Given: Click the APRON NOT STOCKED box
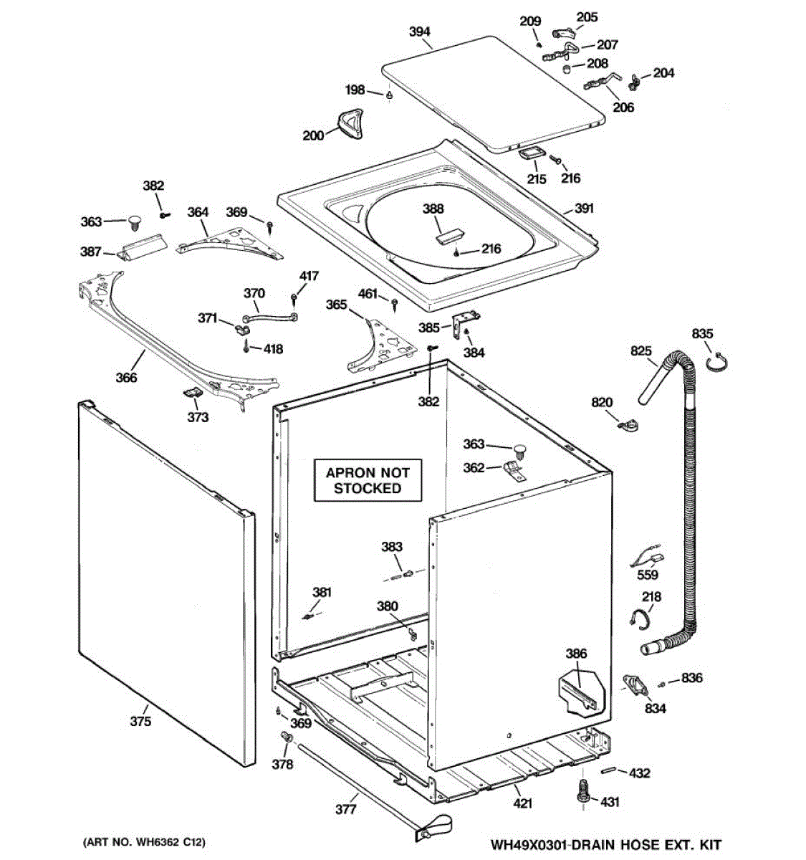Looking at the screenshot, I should click(368, 480).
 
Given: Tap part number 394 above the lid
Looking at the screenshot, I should click(419, 32).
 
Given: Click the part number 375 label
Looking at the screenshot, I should click(140, 721).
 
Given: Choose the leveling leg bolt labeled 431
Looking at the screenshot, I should click(582, 793).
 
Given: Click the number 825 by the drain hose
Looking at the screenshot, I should click(641, 350).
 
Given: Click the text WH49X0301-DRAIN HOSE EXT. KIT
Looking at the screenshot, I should click(605, 845).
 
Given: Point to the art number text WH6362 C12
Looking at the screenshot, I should click(149, 841).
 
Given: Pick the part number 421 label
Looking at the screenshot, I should click(522, 803).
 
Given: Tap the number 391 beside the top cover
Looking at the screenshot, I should click(584, 209).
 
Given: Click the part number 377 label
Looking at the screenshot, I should click(346, 809).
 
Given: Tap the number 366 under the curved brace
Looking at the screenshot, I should click(126, 377).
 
